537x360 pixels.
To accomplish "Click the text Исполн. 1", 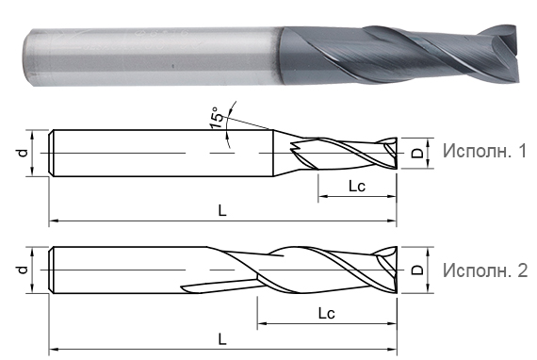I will [483, 150].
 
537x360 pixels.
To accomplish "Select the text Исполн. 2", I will [483, 270].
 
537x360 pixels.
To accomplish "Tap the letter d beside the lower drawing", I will [22, 270].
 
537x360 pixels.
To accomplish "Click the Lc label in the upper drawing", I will [356, 187].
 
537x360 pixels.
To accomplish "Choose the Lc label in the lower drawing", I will [327, 311].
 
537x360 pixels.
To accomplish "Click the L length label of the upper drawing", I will [222, 211].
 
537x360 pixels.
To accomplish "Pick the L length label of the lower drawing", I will [222, 336].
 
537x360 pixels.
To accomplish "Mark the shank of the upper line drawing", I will [160, 151].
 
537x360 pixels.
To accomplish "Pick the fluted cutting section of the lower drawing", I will [320, 271].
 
